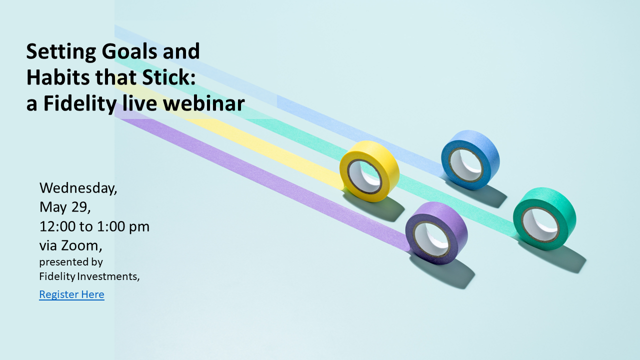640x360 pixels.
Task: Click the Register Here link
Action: tap(71, 294)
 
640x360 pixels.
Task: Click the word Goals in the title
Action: tap(129, 51)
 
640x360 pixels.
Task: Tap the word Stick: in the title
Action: tap(169, 77)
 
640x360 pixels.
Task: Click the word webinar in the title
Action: tap(203, 103)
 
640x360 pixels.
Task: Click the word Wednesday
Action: tap(78, 188)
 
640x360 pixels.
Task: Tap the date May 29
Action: tap(65, 207)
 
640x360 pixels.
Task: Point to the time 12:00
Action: tap(57, 226)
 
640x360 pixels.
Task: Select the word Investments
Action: tap(108, 276)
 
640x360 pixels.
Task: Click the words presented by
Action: tap(71, 262)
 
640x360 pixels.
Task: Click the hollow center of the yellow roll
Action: tap(365, 177)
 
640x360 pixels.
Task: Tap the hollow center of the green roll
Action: tap(540, 225)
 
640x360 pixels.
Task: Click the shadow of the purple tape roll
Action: tap(445, 271)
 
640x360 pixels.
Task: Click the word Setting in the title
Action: tap(61, 52)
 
